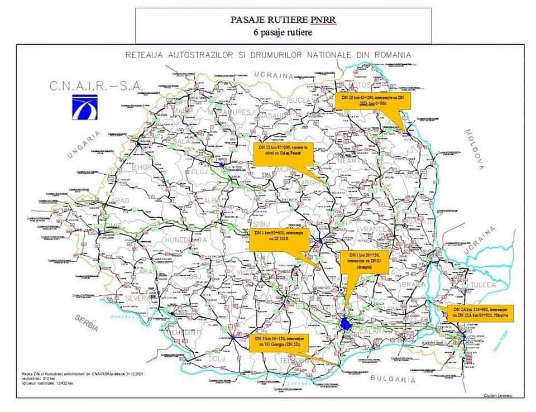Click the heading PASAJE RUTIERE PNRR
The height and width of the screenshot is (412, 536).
(283, 20)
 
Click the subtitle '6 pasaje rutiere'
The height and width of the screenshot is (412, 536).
(283, 32)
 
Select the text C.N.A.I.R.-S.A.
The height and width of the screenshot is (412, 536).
(96, 87)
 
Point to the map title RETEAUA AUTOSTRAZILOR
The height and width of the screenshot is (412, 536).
(268, 55)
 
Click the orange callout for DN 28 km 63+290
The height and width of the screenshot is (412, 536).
(373, 101)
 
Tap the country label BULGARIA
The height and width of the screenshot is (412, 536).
(393, 380)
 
